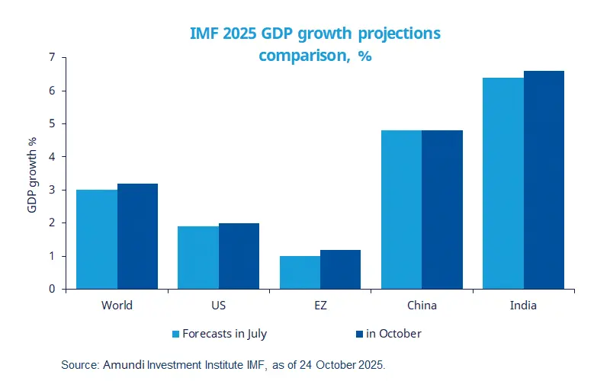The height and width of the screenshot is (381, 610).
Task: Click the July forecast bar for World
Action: click(97, 239)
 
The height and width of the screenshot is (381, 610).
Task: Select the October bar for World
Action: click(137, 236)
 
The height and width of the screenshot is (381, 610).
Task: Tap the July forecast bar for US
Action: click(198, 258)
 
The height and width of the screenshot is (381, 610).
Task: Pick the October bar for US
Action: click(239, 256)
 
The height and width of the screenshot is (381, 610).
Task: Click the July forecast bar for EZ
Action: click(300, 273)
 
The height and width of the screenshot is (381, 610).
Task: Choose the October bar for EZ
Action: click(340, 270)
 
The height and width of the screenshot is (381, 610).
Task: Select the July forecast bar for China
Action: click(401, 210)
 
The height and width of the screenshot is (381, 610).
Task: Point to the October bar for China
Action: click(442, 210)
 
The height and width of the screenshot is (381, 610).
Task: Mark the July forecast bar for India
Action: click(503, 183)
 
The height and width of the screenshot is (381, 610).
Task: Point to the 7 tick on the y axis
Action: click(52, 57)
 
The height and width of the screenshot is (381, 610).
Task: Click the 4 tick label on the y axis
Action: click(52, 157)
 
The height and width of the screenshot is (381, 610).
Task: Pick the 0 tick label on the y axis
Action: click(52, 290)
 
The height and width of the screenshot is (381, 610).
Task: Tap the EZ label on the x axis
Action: click(319, 306)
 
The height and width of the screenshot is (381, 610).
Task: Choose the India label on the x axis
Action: click(523, 306)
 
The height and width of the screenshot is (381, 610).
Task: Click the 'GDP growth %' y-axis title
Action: click(33, 174)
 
